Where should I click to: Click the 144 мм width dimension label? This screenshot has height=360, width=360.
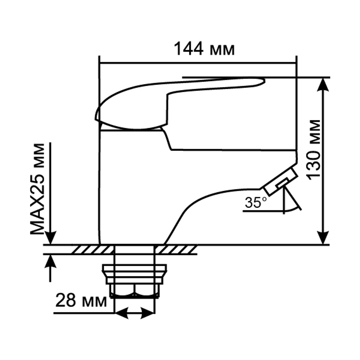[204, 49]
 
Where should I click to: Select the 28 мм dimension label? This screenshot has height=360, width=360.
[81, 301]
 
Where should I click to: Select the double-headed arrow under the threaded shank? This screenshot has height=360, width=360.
[134, 313]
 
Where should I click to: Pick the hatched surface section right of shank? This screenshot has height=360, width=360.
[176, 249]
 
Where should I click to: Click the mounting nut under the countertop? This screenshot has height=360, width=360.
[134, 273]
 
